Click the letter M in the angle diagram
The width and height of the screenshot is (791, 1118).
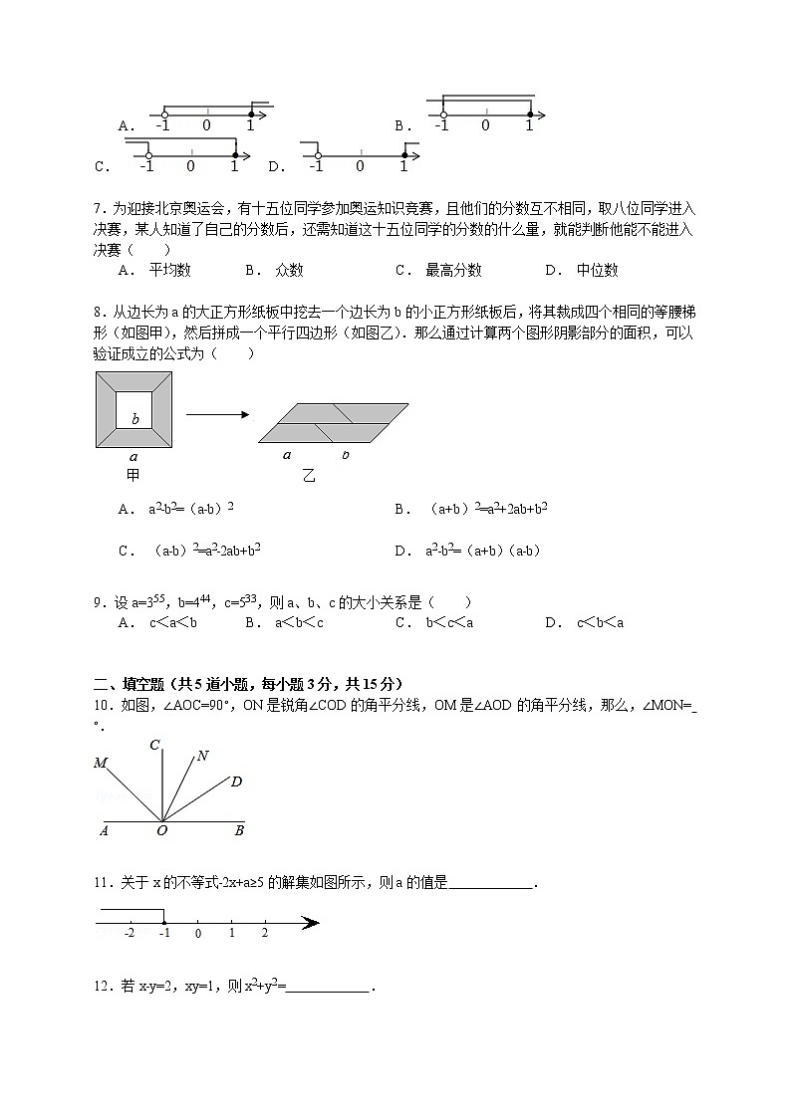click(x=101, y=764)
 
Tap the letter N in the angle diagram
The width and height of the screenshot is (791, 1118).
click(x=202, y=756)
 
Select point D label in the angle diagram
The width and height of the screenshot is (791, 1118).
click(x=236, y=782)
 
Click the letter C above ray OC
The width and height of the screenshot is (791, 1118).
click(x=155, y=745)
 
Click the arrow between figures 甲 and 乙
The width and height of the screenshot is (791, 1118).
click(x=217, y=415)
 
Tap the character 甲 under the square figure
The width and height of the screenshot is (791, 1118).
click(x=133, y=475)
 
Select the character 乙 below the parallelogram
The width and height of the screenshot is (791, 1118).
click(x=309, y=476)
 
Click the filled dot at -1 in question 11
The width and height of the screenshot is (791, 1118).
click(x=163, y=923)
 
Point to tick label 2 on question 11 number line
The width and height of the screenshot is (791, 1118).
click(x=264, y=933)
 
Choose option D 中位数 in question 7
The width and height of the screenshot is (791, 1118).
click(x=582, y=270)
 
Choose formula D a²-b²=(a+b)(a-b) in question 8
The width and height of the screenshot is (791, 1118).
click(x=468, y=550)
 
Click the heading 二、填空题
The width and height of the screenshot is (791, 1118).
click(x=132, y=683)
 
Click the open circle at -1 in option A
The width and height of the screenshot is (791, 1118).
click(x=163, y=114)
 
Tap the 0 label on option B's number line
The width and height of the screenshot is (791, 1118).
click(x=485, y=126)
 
